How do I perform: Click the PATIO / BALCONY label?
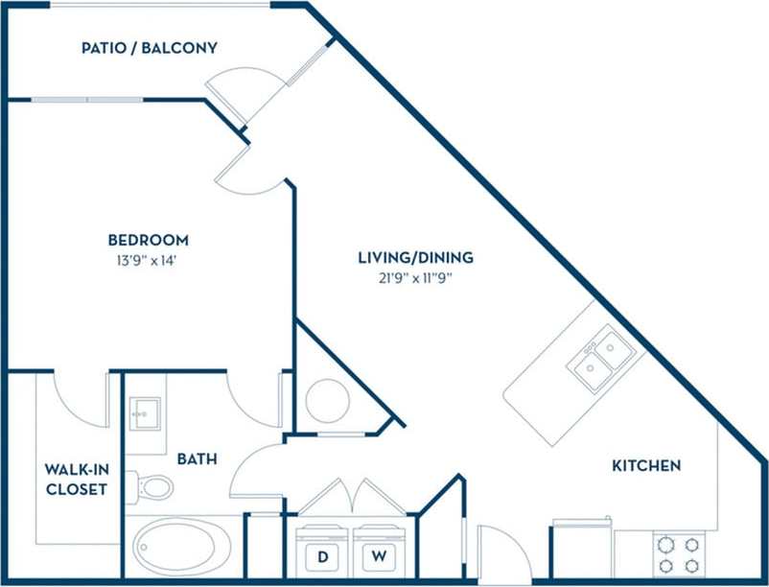pos(150,47)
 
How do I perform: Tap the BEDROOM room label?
pos(148,240)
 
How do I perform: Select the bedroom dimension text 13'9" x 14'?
pos(148,259)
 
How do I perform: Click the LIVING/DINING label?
pos(415,257)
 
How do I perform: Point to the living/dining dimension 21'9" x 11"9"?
pos(415,277)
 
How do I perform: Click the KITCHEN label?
pos(646,465)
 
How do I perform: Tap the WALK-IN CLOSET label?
pos(76,479)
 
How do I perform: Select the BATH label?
pos(196,459)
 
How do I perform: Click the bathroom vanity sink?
pos(145,414)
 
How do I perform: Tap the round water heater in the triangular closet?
pos(326,399)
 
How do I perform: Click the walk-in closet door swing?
pos(79,398)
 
